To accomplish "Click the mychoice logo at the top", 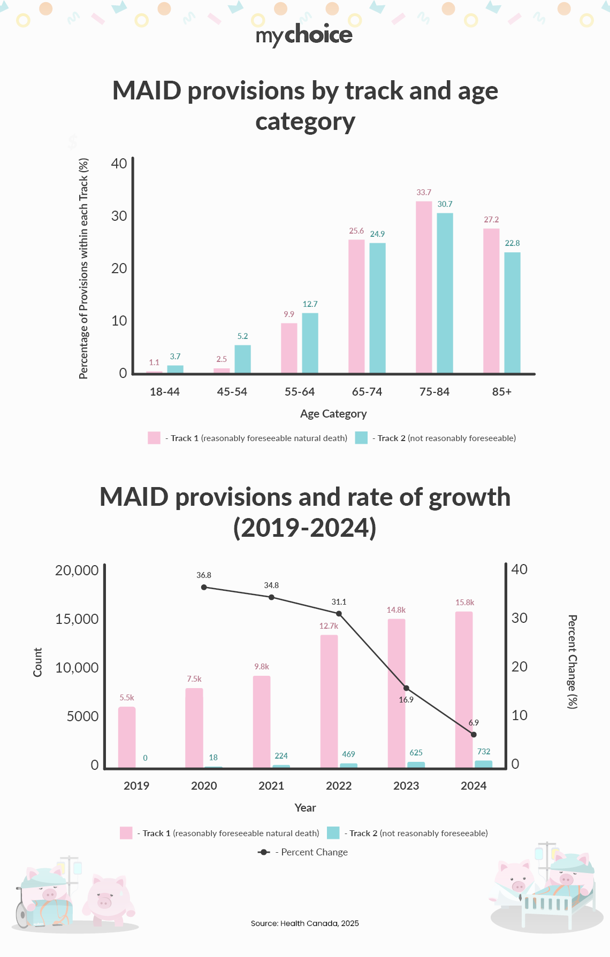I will (x=304, y=35).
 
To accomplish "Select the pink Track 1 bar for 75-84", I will (x=424, y=287).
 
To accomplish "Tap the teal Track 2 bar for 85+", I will (x=512, y=313).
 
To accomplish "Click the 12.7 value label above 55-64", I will (x=310, y=304).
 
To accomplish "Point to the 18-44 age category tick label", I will (x=164, y=392).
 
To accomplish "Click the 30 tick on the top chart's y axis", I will (x=119, y=216).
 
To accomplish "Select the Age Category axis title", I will (x=333, y=414).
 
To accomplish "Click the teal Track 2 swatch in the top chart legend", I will (x=361, y=438).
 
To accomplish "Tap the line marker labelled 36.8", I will (x=204, y=587).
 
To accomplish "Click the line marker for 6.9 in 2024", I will (x=474, y=735).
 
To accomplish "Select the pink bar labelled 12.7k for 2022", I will (x=329, y=701).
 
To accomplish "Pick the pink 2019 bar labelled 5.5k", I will (x=127, y=737).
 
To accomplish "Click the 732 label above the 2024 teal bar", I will (x=484, y=752).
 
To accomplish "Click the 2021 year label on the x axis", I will (x=271, y=786).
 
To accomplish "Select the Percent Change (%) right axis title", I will (x=572, y=662).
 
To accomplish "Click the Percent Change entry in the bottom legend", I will (x=303, y=852).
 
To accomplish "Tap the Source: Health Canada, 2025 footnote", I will (x=304, y=923).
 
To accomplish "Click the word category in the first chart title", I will (x=305, y=122).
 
